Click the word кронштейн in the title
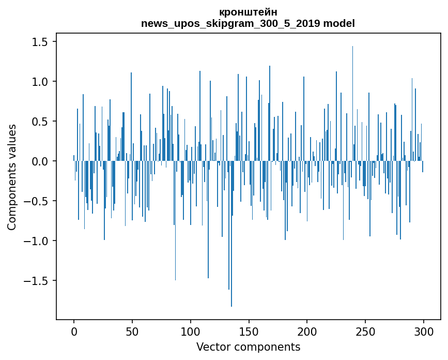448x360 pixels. tap(248, 12)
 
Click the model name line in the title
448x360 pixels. tap(248, 23)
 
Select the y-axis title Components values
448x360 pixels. tap(12, 177)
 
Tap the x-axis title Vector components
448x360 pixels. tap(248, 347)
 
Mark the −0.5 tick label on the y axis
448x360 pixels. tap(38, 201)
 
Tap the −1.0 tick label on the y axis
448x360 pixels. tap(38, 241)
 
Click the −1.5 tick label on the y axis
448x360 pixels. tap(38, 281)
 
